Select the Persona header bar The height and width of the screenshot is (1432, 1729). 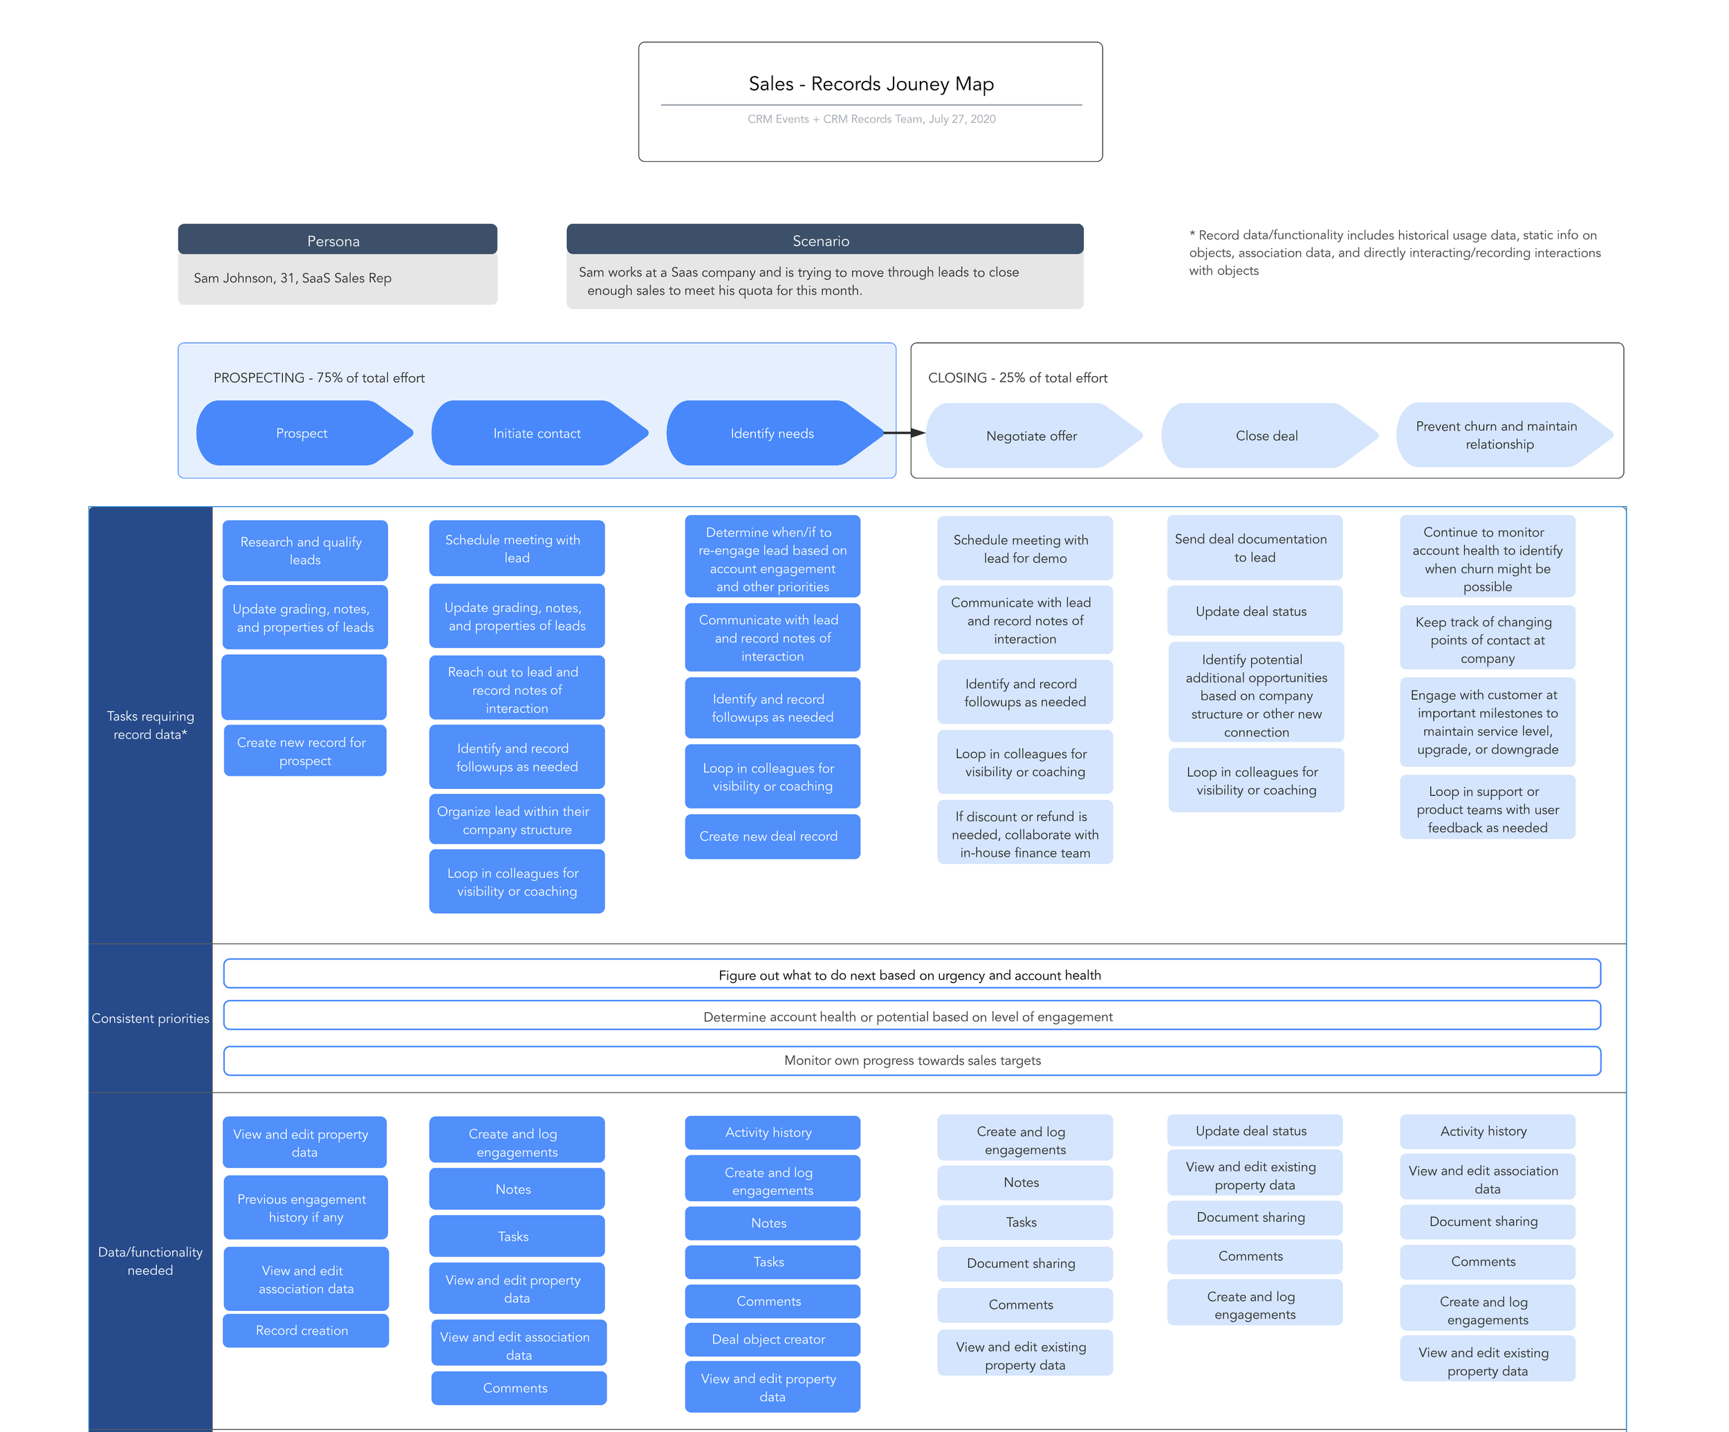[337, 241]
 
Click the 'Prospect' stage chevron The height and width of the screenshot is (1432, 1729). [302, 434]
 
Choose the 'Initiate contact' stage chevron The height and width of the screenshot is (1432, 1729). [537, 434]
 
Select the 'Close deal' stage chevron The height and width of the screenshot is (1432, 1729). [1266, 436]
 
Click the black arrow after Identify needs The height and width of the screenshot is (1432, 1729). [904, 433]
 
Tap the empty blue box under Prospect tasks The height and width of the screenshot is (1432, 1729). [304, 687]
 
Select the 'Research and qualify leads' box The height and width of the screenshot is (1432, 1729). [304, 550]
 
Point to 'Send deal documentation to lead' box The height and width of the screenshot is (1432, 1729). [1254, 548]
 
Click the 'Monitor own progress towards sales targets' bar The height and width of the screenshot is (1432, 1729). [912, 1060]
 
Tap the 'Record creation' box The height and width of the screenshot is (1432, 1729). [304, 1330]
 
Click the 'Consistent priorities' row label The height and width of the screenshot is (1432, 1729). [150, 1018]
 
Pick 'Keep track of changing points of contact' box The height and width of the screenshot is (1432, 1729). [1487, 640]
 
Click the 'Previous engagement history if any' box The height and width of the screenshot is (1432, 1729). [304, 1207]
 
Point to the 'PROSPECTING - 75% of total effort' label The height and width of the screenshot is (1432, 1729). [319, 378]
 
